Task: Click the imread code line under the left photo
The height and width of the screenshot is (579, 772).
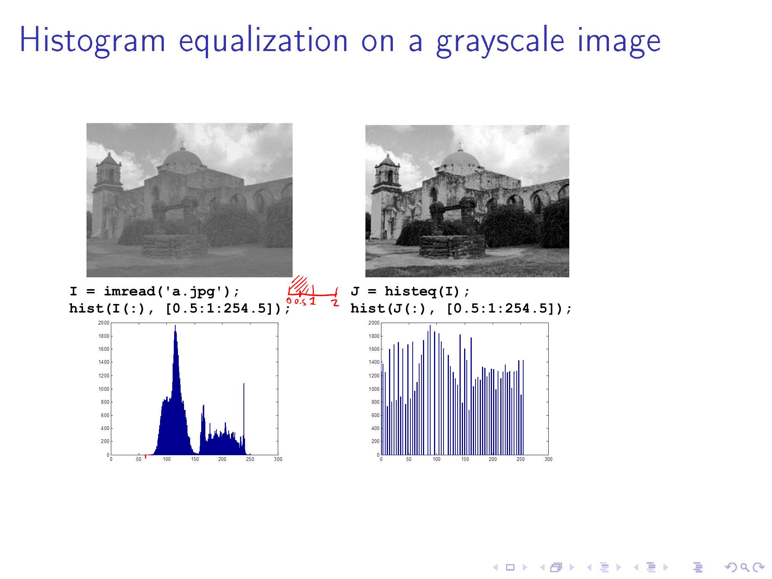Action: click(x=155, y=292)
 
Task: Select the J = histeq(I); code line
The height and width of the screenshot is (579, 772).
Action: click(x=410, y=292)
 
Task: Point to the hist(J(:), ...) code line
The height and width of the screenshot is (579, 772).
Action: click(x=461, y=309)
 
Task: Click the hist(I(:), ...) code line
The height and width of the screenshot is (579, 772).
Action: click(x=180, y=309)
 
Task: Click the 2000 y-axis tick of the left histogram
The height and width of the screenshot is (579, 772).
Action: click(x=104, y=323)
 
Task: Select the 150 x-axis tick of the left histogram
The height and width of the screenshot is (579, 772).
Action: click(x=195, y=459)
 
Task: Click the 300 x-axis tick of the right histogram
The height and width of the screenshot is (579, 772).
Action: click(x=548, y=459)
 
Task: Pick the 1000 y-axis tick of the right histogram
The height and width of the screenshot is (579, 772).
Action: click(x=374, y=389)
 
